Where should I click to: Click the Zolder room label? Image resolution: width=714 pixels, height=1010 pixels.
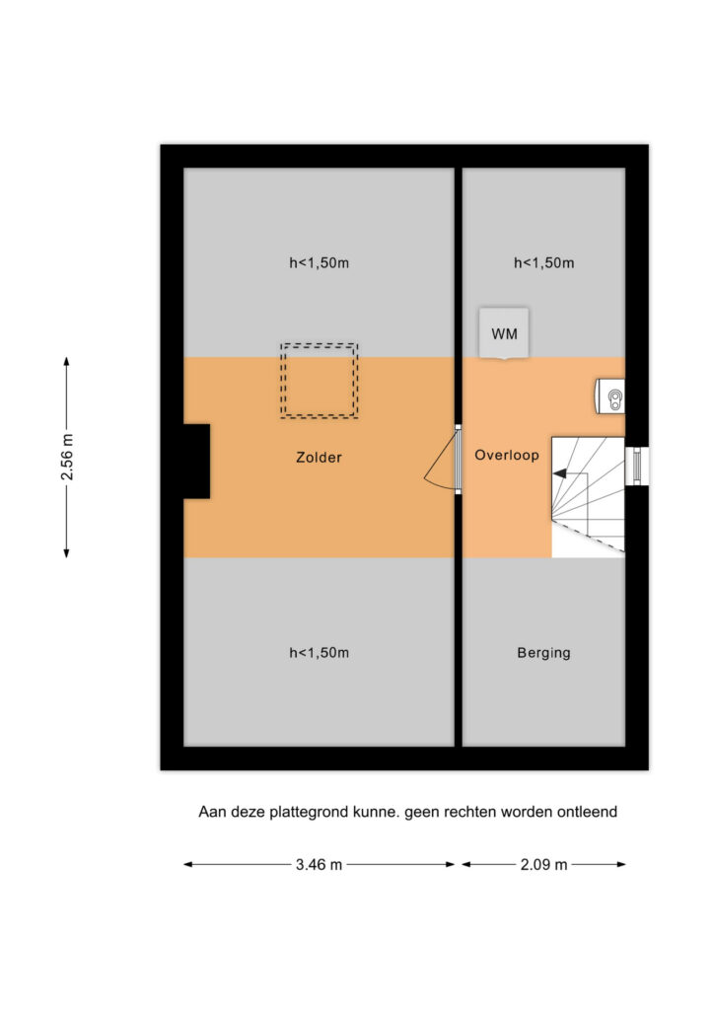[x=319, y=458]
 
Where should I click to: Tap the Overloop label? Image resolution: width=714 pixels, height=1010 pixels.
[x=507, y=455]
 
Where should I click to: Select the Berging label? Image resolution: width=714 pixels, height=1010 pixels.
[x=544, y=653]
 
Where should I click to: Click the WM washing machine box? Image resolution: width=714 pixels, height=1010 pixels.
[x=504, y=333]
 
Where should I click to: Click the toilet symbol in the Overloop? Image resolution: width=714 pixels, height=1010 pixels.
[x=609, y=397]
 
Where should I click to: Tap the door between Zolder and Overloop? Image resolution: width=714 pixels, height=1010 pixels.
[x=444, y=460]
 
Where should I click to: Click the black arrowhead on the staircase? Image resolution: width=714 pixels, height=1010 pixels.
[x=559, y=473]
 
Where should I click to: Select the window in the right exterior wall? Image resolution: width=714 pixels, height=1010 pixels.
[x=637, y=466]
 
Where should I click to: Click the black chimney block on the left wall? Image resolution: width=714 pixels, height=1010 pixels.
[x=197, y=462]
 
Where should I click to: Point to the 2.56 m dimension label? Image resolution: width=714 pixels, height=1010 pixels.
[x=67, y=457]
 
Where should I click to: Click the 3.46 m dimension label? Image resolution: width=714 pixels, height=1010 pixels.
[x=319, y=864]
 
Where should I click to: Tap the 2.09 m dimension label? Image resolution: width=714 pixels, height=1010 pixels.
[x=544, y=864]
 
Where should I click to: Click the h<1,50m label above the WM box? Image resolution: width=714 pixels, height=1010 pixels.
[x=544, y=262]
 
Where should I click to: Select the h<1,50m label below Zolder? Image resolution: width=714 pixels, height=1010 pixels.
[x=319, y=653]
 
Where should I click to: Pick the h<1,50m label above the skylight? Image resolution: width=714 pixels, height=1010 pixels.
[x=319, y=262]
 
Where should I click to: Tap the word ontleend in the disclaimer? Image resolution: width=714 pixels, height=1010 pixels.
[x=587, y=812]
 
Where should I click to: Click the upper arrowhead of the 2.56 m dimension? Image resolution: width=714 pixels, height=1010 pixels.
[x=66, y=361]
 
